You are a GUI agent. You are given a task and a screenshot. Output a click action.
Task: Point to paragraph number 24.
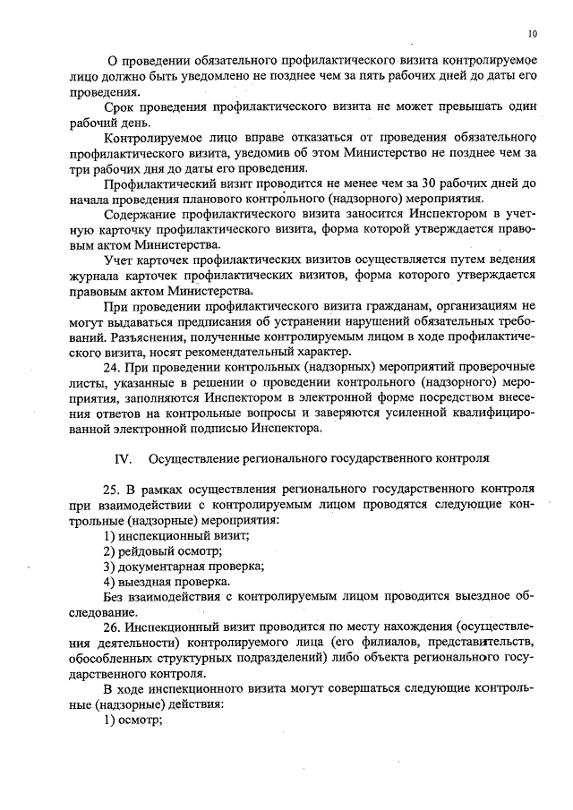114,366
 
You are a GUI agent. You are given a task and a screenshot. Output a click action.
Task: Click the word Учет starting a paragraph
119,260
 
